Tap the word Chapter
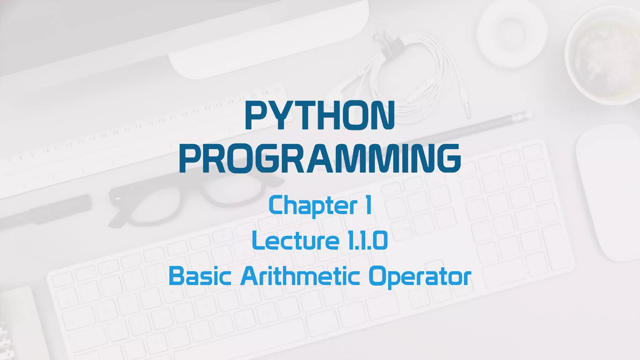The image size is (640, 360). [312, 206]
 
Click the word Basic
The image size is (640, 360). [200, 276]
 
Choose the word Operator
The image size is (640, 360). [420, 277]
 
